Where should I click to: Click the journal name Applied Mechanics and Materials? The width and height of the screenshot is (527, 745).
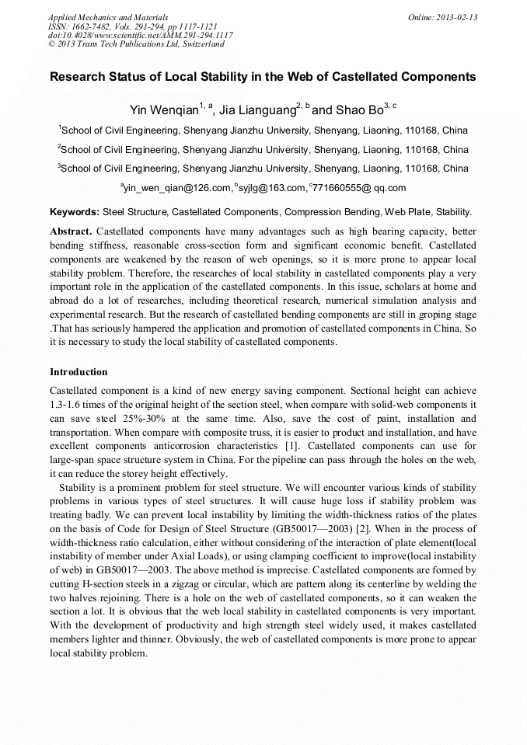[107, 16]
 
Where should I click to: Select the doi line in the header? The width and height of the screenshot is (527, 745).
[140, 35]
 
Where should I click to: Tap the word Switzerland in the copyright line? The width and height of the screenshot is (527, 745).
[199, 44]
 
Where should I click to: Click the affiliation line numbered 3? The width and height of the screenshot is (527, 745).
[263, 169]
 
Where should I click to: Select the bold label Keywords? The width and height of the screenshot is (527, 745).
[75, 211]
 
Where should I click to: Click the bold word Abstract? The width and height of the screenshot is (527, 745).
[72, 232]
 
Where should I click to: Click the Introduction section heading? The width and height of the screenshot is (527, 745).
[79, 372]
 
